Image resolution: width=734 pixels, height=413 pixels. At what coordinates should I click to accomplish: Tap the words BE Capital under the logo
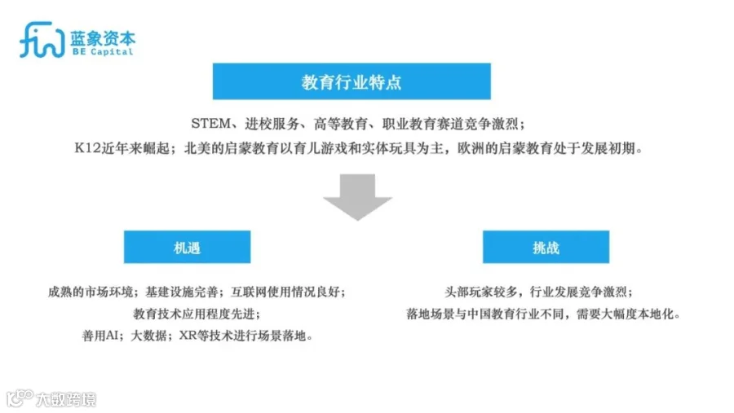pos(102,51)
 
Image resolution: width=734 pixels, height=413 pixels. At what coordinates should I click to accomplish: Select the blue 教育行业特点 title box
pos(352,82)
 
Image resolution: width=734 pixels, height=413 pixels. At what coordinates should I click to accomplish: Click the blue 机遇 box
pos(187,247)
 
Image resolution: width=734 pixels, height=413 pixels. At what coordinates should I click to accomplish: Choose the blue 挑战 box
pos(546,247)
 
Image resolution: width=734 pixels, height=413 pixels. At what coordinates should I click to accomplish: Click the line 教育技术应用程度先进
pos(197,314)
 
